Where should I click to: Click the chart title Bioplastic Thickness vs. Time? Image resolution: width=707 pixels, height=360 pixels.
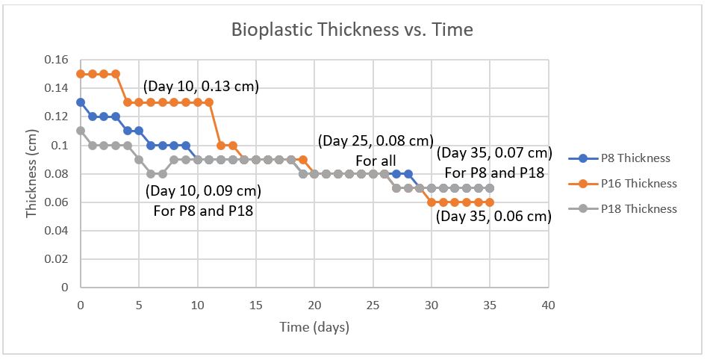(352, 31)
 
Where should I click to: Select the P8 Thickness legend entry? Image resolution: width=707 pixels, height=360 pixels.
(635, 158)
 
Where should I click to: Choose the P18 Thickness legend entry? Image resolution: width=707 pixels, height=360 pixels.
(638, 208)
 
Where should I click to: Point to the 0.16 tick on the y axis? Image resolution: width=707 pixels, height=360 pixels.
(58, 60)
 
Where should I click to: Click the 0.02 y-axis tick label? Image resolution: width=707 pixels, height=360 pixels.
(58, 258)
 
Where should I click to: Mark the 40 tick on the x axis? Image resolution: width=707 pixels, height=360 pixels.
(548, 305)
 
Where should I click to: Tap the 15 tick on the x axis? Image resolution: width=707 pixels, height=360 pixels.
(255, 305)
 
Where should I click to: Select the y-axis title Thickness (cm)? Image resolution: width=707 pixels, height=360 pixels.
(31, 173)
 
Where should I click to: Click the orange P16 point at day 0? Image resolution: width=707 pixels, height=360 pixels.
(81, 74)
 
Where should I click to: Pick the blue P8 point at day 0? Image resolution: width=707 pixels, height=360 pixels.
(81, 102)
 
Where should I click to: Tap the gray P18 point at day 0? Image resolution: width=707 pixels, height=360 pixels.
(81, 131)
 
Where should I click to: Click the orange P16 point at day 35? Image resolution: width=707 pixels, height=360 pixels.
(490, 202)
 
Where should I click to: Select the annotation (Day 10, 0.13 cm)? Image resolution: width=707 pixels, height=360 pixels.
(202, 86)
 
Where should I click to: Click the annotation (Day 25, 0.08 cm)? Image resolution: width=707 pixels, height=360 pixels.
(376, 140)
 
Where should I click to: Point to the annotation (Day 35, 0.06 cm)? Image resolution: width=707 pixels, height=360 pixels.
(493, 217)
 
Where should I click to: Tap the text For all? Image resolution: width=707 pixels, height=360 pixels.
(376, 161)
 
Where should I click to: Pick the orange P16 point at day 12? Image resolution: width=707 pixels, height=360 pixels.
(221, 145)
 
